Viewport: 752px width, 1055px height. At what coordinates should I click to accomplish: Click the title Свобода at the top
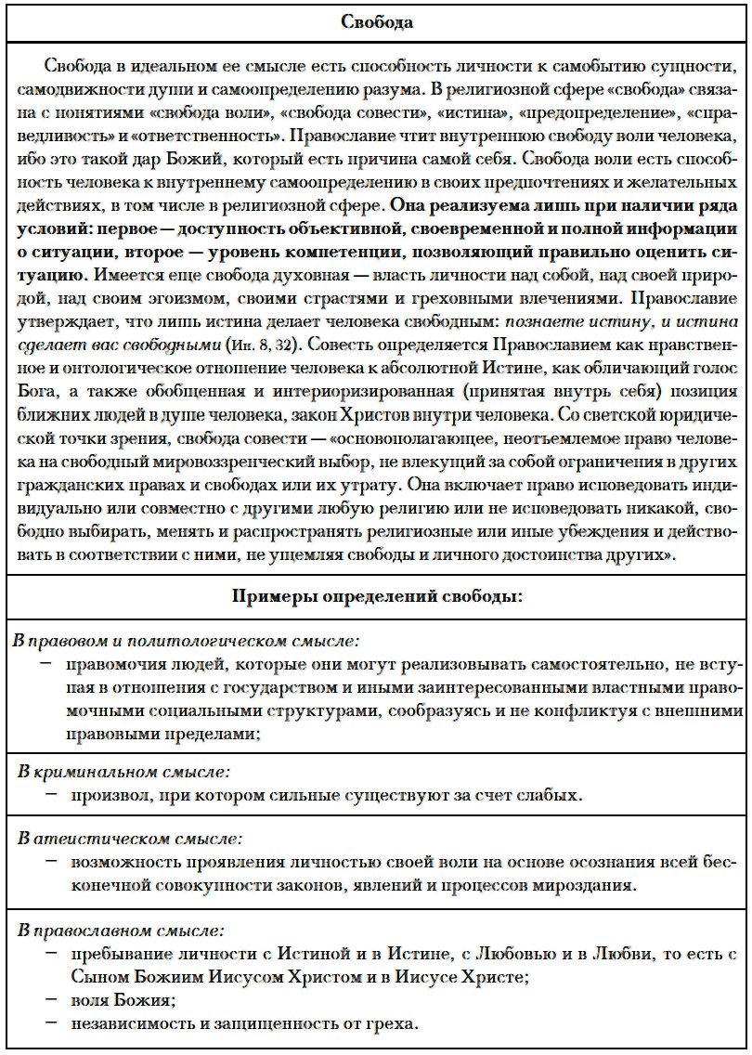(376, 22)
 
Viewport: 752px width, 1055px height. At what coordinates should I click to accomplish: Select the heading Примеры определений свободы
(376, 596)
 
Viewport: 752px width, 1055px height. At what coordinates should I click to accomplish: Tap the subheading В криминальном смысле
(125, 772)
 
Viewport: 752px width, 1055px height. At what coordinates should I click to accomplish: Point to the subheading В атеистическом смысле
(129, 840)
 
